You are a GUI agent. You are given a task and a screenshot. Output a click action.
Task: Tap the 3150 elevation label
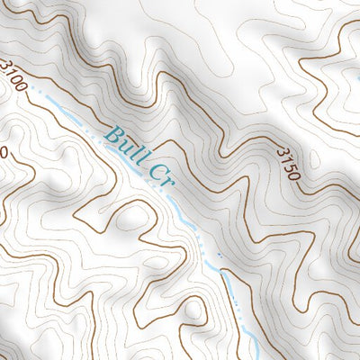289,162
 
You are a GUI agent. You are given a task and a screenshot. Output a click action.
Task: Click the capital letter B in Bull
114,136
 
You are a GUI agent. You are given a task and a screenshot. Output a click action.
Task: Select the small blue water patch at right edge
356,76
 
